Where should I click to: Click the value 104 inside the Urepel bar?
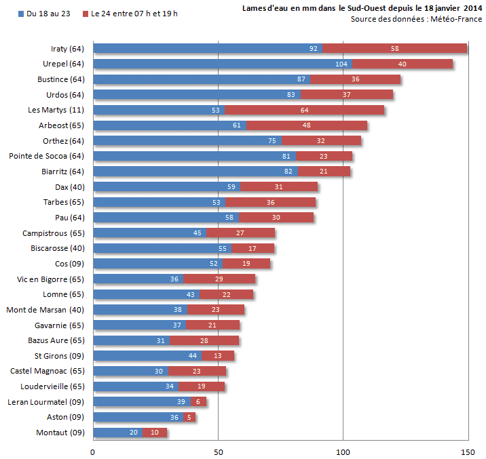pyautogui.click(x=341, y=64)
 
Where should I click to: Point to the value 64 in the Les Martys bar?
pyautogui.click(x=304, y=110)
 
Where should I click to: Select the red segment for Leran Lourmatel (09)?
pyautogui.click(x=198, y=402)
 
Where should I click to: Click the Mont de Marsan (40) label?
pyautogui.click(x=45, y=310)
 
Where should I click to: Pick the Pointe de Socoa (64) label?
pyautogui.click(x=46, y=156)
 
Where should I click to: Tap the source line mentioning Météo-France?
pyautogui.click(x=416, y=19)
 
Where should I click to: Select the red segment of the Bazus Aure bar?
pyautogui.click(x=204, y=340)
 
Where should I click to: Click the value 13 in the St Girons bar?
pyautogui.click(x=217, y=356)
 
